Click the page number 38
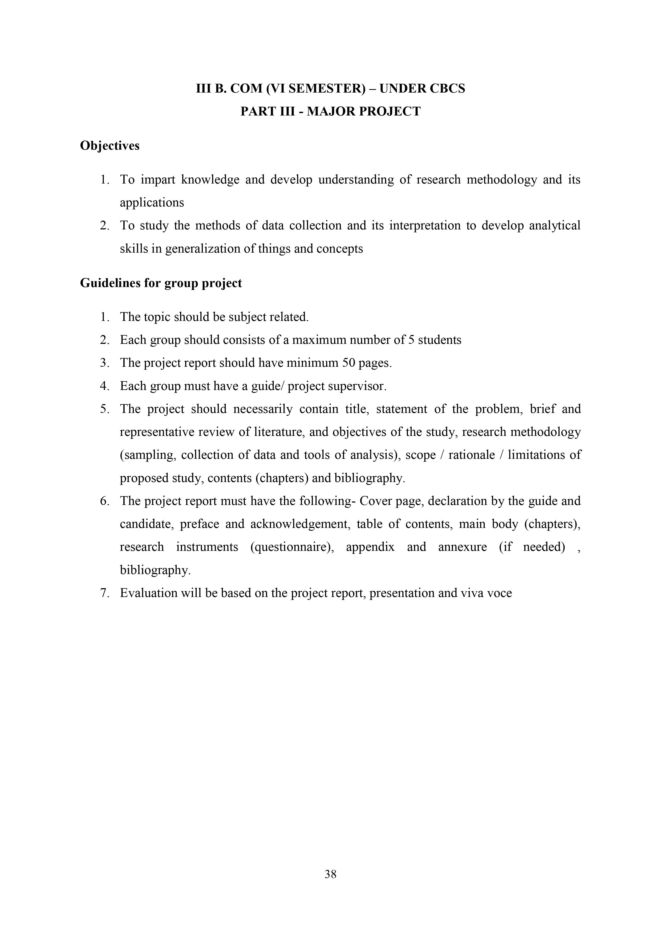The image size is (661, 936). pos(330,874)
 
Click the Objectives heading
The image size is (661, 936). pos(110,146)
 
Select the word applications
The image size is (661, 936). pos(152,203)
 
